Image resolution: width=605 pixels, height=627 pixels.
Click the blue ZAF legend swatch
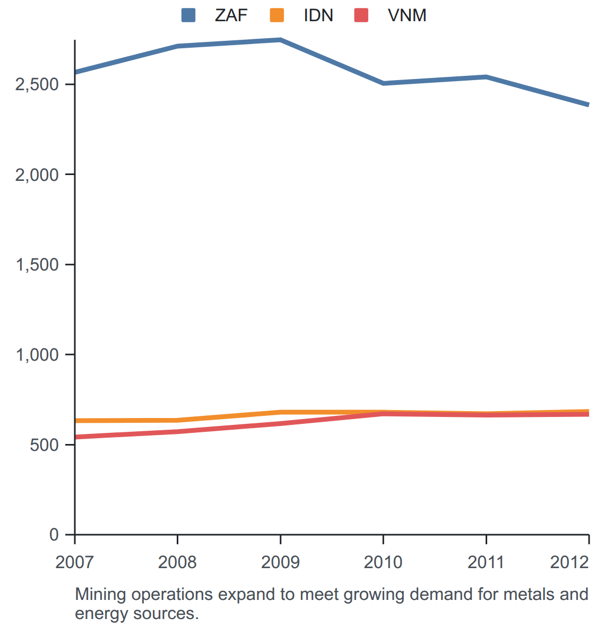(188, 15)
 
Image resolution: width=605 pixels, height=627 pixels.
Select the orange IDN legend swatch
(277, 15)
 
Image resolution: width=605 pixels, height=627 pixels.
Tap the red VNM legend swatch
(361, 15)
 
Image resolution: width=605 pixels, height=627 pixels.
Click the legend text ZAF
(231, 15)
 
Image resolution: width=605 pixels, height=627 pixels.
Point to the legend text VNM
(407, 15)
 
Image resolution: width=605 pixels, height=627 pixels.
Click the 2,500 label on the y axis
(37, 84)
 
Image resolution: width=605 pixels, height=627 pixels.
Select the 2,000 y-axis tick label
(37, 175)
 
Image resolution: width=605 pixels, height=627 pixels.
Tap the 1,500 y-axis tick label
(37, 265)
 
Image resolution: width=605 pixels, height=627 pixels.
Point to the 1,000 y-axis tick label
(37, 355)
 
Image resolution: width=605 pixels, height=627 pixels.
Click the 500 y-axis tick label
(45, 445)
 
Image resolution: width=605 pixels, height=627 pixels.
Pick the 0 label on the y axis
(54, 535)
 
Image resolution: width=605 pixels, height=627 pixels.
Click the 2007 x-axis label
(74, 562)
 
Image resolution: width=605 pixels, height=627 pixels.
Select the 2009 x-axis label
(281, 562)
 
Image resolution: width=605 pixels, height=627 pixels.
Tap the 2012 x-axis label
(569, 562)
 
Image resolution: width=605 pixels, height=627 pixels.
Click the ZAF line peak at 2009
(281, 40)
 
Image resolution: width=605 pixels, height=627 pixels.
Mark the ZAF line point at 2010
(383, 83)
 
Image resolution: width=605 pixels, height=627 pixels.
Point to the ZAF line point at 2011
(486, 77)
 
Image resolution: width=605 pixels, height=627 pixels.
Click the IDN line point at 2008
(178, 420)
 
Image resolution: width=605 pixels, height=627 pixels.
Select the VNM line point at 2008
(178, 431)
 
